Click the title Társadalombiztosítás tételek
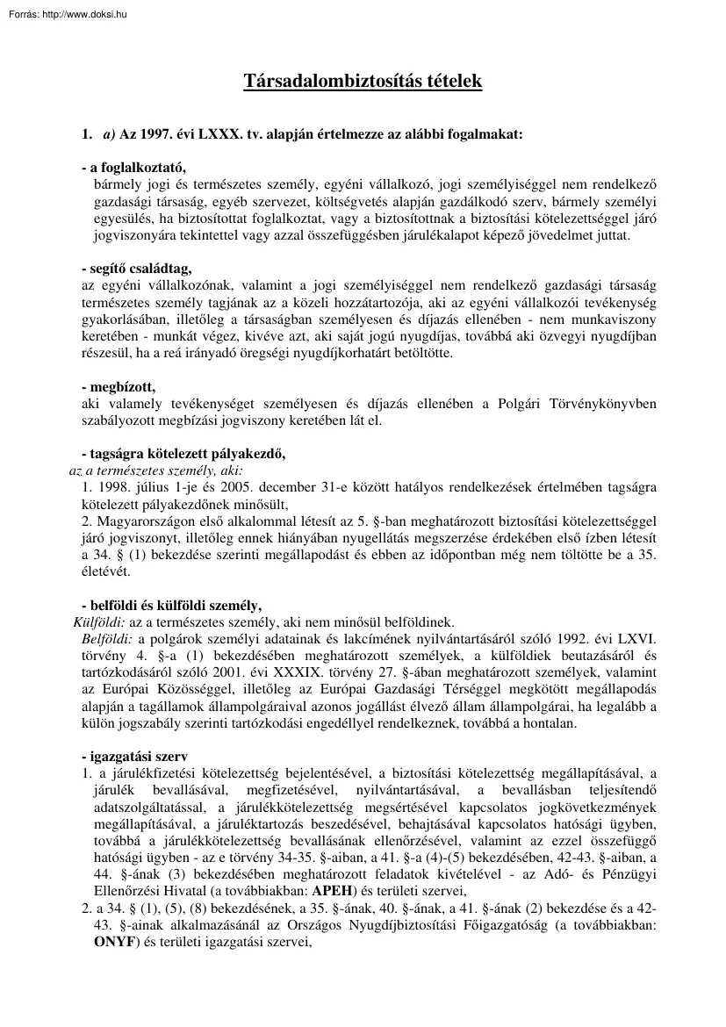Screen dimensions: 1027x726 [x=363, y=82]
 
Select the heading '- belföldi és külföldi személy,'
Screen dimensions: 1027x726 [x=170, y=605]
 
